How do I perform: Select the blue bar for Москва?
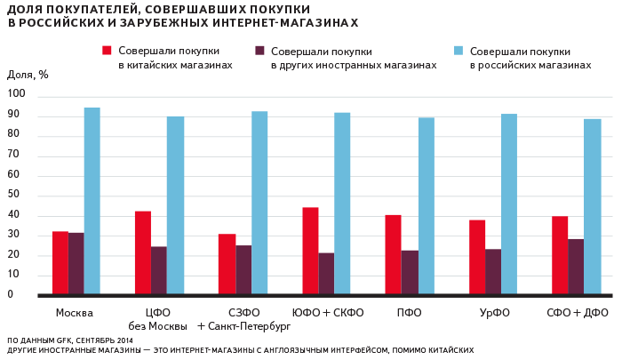click(x=92, y=201)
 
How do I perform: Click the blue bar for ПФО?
click(x=427, y=205)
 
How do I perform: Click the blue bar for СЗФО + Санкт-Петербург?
click(x=259, y=203)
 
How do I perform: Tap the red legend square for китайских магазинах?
click(x=108, y=52)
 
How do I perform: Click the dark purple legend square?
click(x=260, y=52)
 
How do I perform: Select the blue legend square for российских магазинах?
click(x=459, y=52)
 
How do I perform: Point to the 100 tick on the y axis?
click(x=17, y=94)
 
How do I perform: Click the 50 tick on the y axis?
click(x=14, y=196)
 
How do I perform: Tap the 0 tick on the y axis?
click(x=12, y=295)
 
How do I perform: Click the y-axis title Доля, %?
click(x=28, y=75)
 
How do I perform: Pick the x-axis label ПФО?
click(x=410, y=313)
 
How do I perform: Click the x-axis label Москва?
click(x=75, y=313)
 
